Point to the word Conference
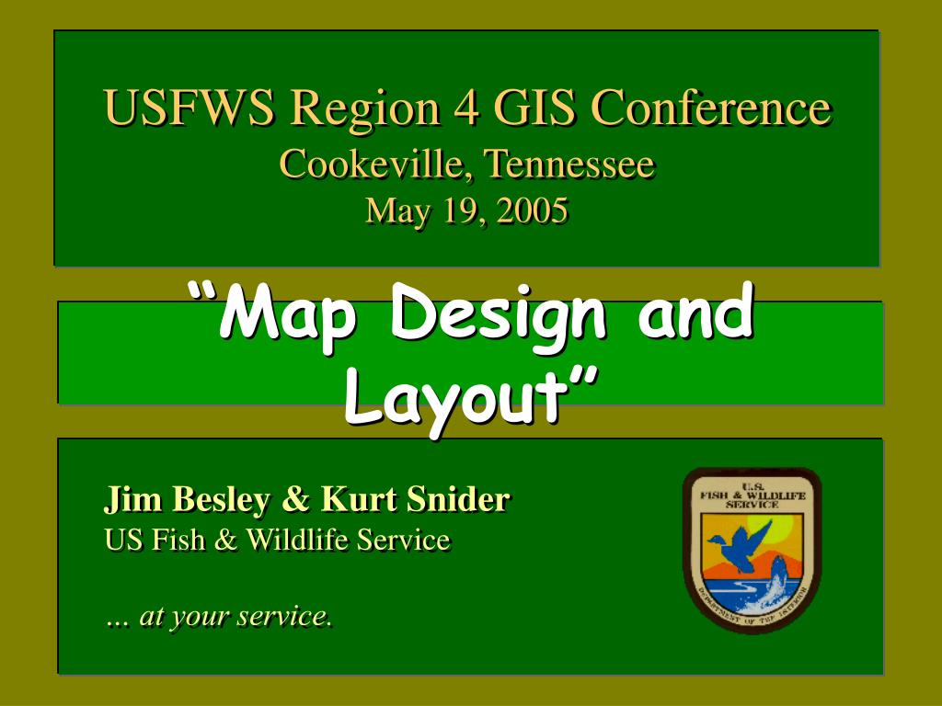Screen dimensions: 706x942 coord(711,108)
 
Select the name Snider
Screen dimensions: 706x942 coord(458,499)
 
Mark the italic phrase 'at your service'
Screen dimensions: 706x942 coord(235,616)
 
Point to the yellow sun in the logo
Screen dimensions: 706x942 coord(778,527)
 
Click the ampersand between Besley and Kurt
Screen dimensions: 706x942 coord(295,499)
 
